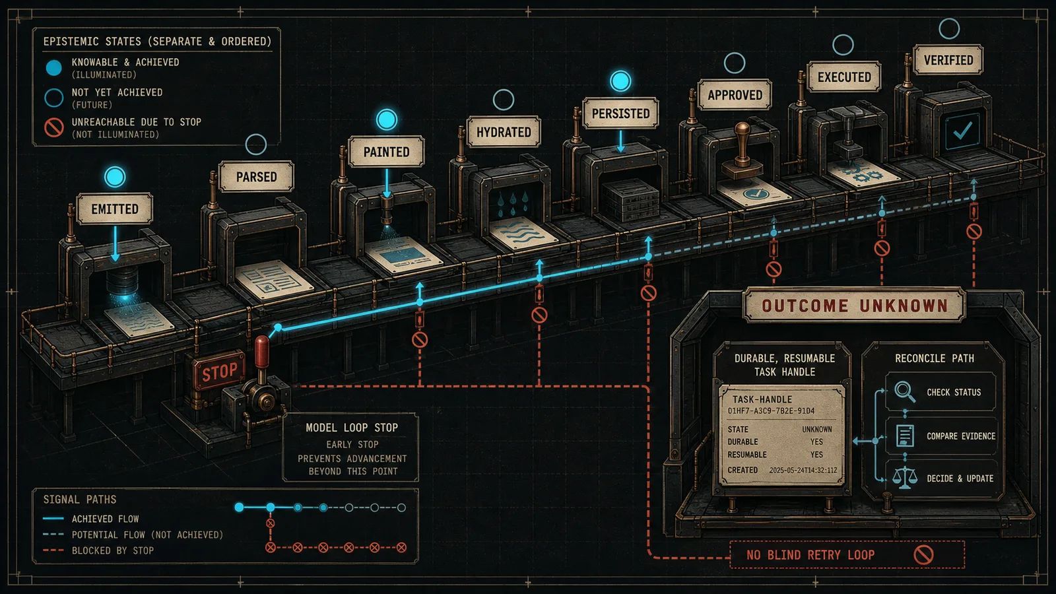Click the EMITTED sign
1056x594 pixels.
point(115,209)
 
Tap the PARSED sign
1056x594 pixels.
point(256,177)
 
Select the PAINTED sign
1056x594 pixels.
point(386,152)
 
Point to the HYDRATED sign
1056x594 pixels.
point(504,132)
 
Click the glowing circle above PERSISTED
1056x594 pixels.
point(620,81)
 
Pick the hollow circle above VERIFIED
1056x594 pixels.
point(949,29)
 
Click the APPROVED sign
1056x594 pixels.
point(735,95)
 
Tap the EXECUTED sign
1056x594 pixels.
point(844,77)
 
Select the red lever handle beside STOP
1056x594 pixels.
point(261,352)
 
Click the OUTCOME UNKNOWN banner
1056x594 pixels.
point(854,306)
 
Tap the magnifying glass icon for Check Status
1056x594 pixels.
point(905,391)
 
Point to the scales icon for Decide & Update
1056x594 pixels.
point(905,478)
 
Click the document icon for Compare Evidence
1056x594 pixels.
point(905,436)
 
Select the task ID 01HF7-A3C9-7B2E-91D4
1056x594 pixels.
point(772,411)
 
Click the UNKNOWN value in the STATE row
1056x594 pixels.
point(817,430)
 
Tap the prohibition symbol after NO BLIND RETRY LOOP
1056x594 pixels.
point(923,555)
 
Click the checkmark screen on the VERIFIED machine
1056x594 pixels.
point(962,131)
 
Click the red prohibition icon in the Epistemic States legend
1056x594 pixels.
point(53,127)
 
